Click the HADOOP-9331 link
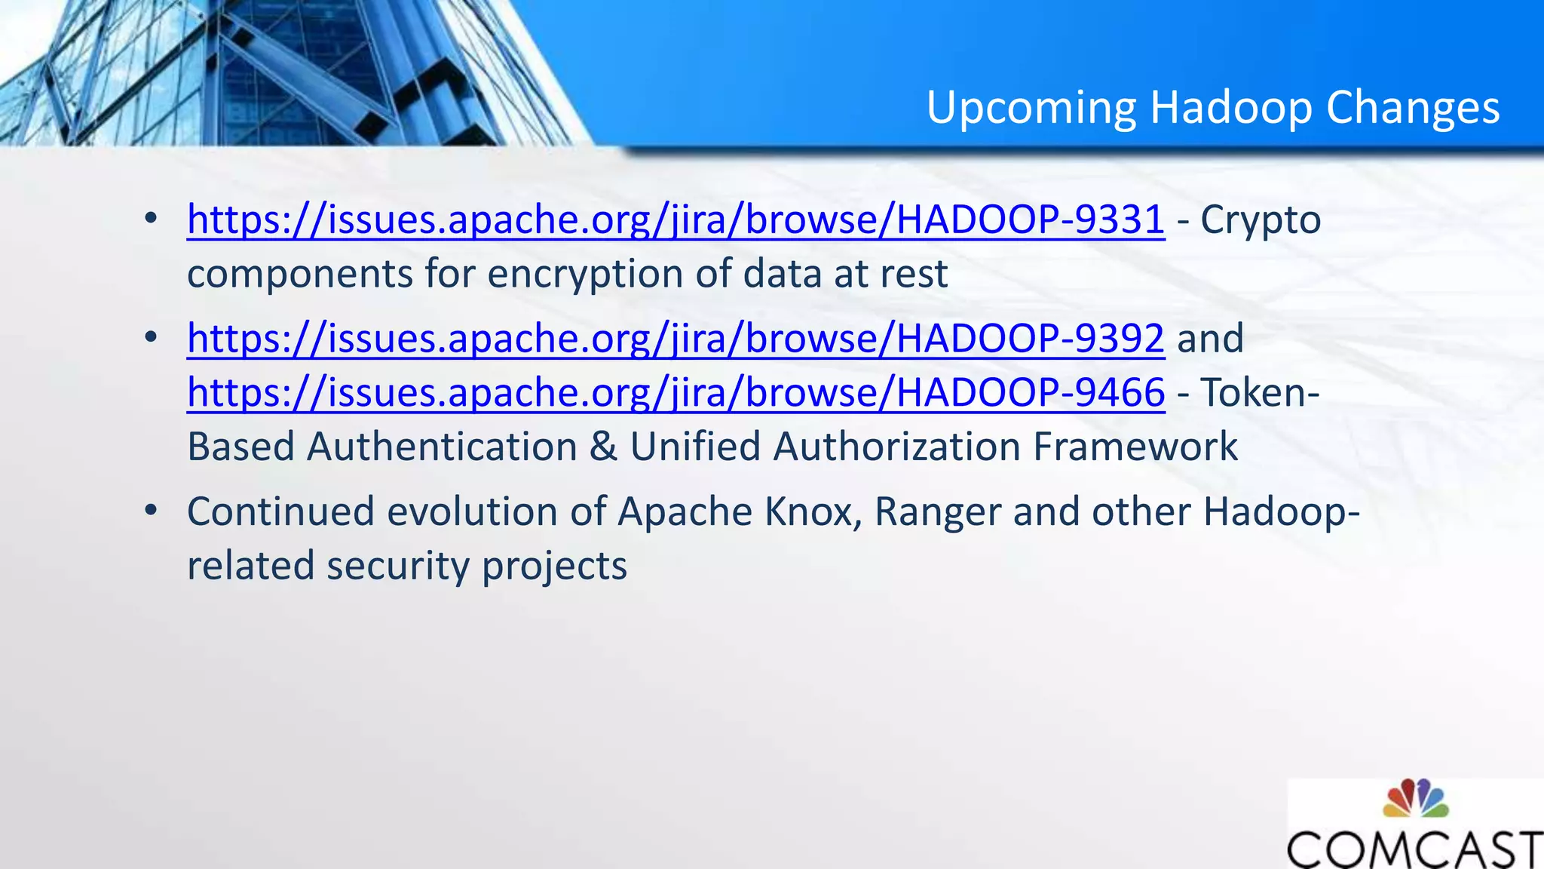(675, 220)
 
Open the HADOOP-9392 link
(675, 338)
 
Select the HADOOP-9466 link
(675, 392)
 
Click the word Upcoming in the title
(1031, 108)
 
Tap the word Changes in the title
(1413, 108)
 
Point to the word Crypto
(1261, 220)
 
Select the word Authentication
(443, 447)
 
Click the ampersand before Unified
(603, 447)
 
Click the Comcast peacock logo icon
(1415, 799)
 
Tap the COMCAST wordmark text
(1414, 849)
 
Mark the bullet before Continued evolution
(152, 511)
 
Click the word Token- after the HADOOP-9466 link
(1260, 392)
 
